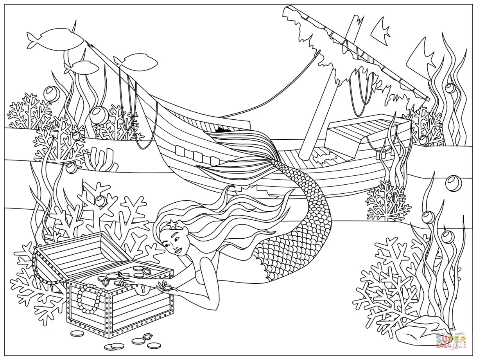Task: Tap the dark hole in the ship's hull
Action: coord(221,130)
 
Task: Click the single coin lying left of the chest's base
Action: coord(77,333)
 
